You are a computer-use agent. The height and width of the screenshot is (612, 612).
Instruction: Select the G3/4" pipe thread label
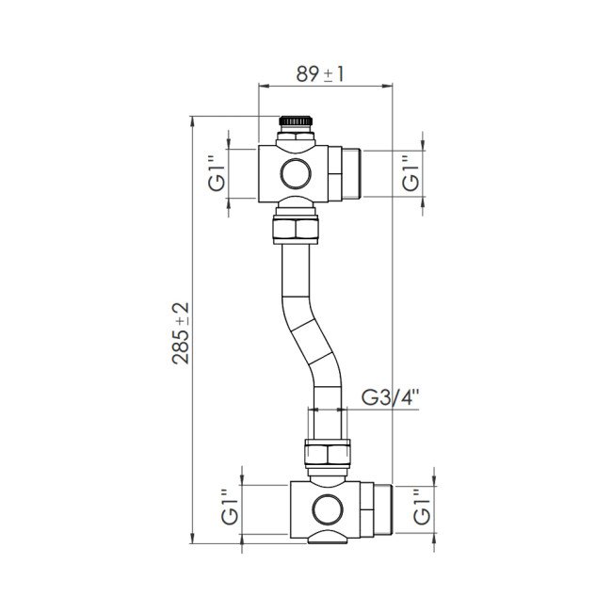391,397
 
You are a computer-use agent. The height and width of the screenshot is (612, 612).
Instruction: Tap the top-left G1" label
217,173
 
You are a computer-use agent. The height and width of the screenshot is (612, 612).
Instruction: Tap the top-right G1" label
410,173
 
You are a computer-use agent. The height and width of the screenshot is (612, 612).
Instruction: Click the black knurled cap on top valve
297,121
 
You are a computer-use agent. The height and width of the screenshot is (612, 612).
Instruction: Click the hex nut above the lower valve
329,453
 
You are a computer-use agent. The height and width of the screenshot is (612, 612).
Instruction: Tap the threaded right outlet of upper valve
349,173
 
